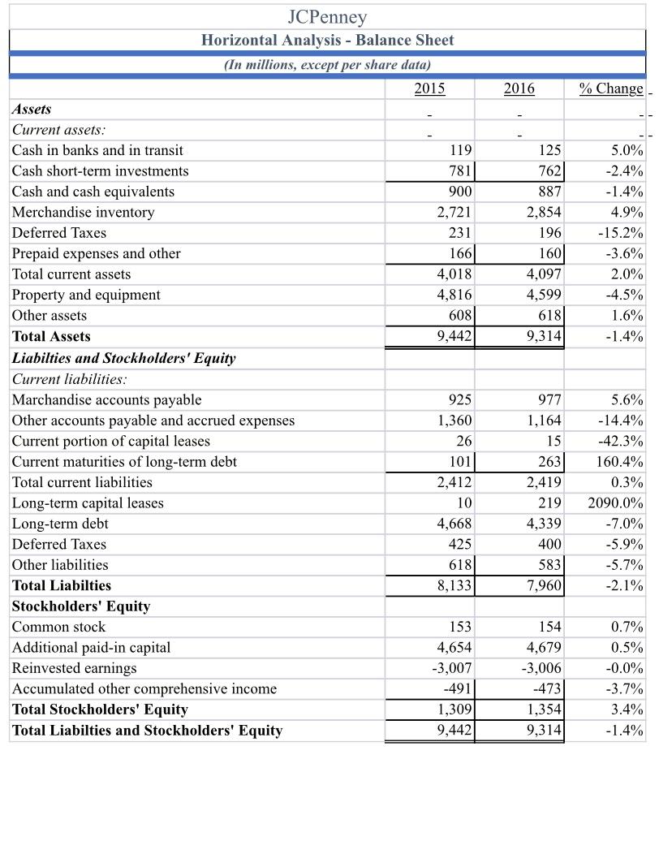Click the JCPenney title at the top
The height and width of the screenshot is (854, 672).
coord(327,16)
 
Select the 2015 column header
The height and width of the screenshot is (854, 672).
coord(429,88)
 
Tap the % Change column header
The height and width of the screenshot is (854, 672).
coord(611,88)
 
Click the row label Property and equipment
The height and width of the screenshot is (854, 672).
coord(86,295)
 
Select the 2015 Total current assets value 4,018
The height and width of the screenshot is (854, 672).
coord(454,274)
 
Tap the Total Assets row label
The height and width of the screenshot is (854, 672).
coord(51,337)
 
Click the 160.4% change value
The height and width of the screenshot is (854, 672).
coord(622,462)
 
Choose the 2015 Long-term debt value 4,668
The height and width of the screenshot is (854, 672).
coord(454,524)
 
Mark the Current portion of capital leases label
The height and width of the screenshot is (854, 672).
coord(110,441)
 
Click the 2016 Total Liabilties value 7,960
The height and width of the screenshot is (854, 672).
coord(542,585)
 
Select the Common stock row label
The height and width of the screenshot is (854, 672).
coord(58,627)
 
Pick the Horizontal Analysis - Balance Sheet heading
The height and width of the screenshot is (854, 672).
coord(327,40)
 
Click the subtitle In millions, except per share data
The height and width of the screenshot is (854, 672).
coord(327,65)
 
